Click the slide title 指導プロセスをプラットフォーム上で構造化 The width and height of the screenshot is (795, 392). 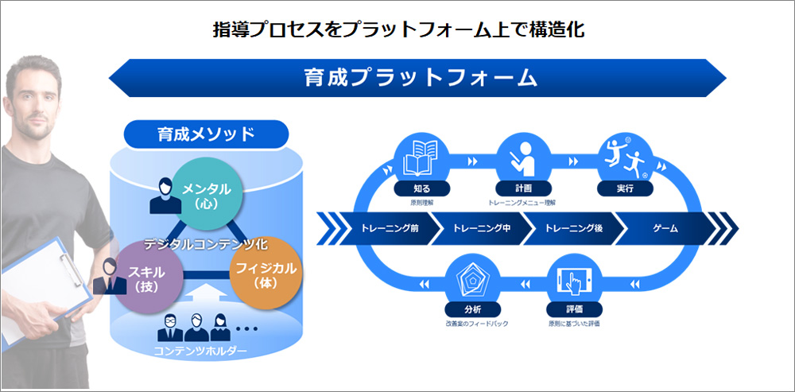(x=398, y=30)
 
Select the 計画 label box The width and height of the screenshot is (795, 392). (x=523, y=189)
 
